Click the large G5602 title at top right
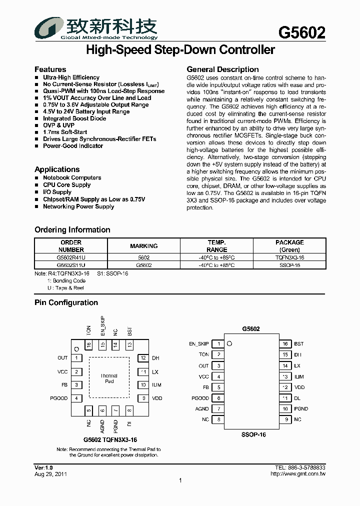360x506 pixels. pos(301,32)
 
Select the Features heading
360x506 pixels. pos(50,69)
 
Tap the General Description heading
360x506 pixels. pos(222,69)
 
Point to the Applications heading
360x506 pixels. pos(57,169)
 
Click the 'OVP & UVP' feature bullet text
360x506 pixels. pos(59,125)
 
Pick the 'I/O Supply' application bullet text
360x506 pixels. pos(57,192)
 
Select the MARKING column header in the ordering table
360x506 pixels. pos(144,246)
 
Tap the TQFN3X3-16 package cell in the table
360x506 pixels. pos(289,257)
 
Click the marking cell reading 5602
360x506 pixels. pos(144,257)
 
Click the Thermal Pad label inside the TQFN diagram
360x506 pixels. pos(109,378)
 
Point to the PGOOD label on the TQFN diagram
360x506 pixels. pos(59,398)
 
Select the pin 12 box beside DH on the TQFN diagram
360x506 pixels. pos(143,358)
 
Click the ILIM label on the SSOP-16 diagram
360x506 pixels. pos(299,377)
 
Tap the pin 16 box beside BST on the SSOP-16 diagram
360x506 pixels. pos(284,344)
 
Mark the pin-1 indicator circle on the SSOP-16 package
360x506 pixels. pos(229,343)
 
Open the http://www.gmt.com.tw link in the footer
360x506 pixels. pos(297,474)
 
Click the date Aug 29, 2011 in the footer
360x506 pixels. pos(50,474)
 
